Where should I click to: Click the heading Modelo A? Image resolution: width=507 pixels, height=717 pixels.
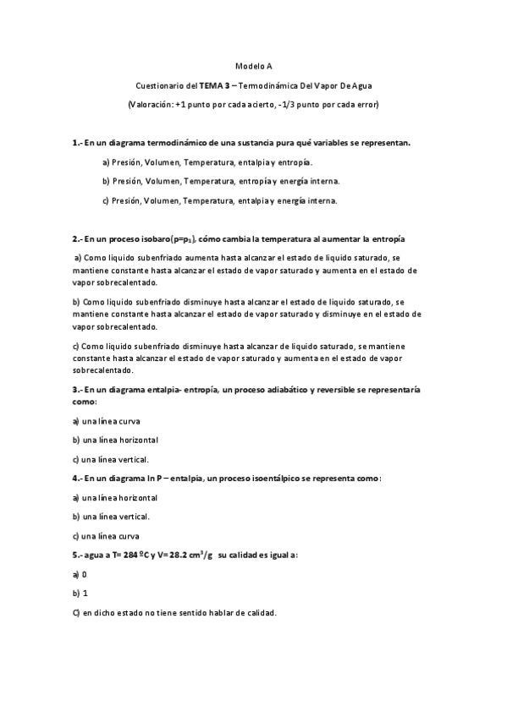[253, 64]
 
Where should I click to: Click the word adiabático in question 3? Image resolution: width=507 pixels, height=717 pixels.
[297, 391]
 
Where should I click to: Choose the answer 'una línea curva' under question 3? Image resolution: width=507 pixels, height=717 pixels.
[111, 421]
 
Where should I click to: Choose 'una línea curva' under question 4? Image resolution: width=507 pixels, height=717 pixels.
[111, 535]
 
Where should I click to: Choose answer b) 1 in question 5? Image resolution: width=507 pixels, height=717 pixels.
[80, 593]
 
